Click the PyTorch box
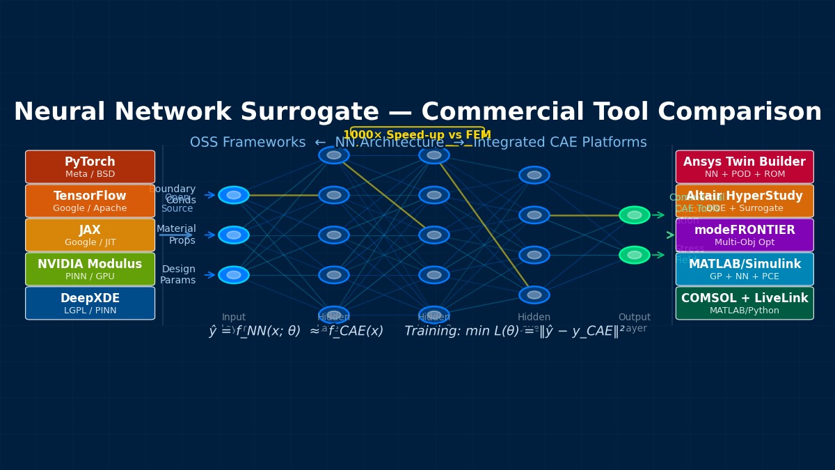tap(90, 167)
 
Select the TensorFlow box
tap(90, 201)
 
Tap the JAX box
tap(90, 235)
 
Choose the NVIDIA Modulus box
tap(90, 269)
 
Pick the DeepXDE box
tap(90, 304)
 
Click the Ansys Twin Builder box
tap(744, 167)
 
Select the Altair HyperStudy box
tap(744, 201)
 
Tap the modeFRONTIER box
tap(744, 235)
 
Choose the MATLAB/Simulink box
tap(744, 269)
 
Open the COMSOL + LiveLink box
tap(744, 304)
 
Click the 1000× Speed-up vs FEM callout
tap(417, 136)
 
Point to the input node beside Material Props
tap(234, 235)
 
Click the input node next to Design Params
tap(234, 275)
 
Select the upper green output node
tap(634, 215)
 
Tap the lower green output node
tap(634, 255)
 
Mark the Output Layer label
tap(634, 322)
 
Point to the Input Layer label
tap(234, 322)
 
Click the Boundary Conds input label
tap(173, 195)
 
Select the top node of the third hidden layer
tap(534, 175)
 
